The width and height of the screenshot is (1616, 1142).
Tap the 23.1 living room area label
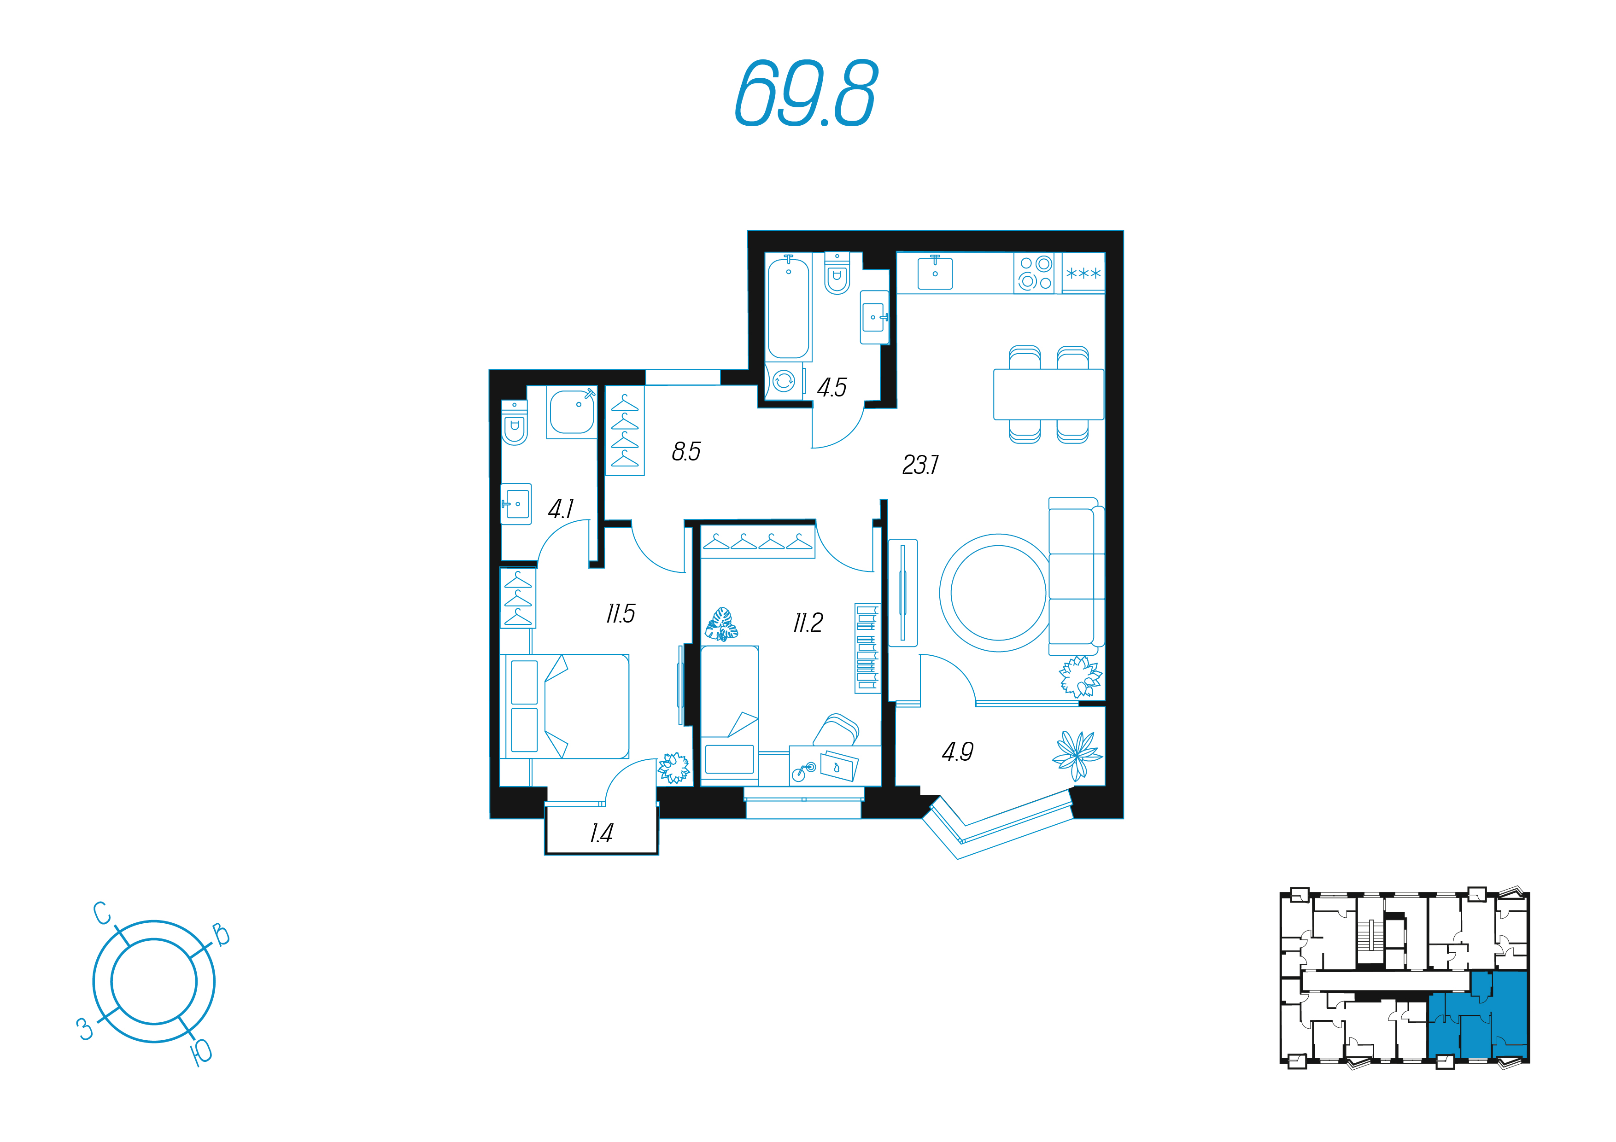tap(920, 465)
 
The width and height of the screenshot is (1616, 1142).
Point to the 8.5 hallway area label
tap(686, 451)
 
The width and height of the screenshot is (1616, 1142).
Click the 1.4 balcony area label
tap(601, 833)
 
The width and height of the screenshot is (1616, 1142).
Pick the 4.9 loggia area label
tap(957, 752)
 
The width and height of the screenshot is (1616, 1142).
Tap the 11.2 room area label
tap(808, 623)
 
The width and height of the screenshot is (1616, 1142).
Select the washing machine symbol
tap(784, 381)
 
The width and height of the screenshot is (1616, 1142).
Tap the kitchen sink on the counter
tap(935, 272)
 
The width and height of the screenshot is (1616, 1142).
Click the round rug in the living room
tap(998, 593)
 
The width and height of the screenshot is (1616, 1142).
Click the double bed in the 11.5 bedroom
tap(564, 706)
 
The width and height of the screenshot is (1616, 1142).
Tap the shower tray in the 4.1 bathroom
tap(572, 412)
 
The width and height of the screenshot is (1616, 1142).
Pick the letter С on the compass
tap(103, 913)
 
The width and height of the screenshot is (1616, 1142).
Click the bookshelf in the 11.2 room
tap(867, 648)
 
